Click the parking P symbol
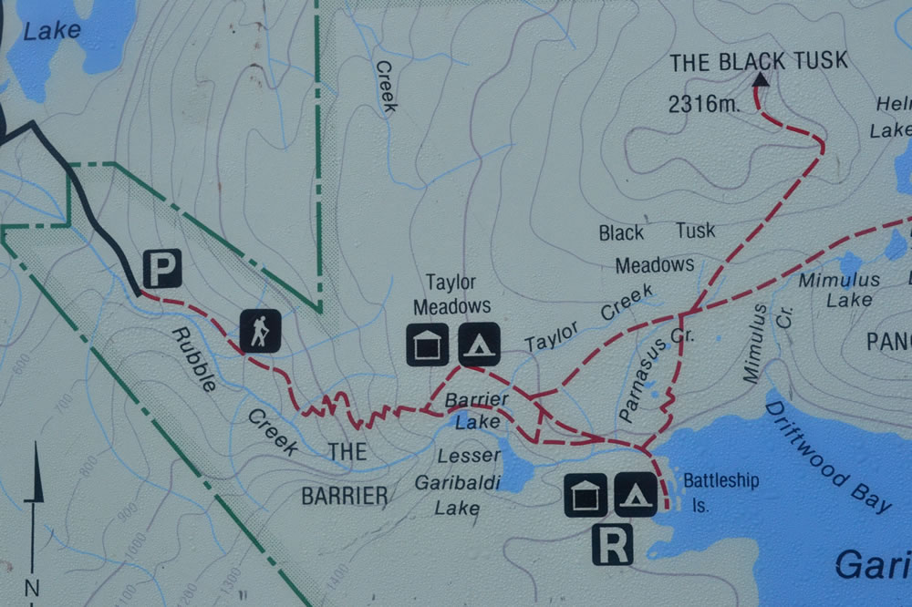point(161,269)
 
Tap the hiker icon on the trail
point(260,330)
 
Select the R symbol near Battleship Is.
point(612,544)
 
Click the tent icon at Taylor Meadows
point(478,345)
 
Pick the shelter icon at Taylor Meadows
point(427,345)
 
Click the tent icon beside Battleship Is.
point(635,495)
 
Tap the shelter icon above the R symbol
point(585,495)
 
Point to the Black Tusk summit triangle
point(760,80)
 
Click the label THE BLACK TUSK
point(758,61)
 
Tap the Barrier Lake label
point(475,411)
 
